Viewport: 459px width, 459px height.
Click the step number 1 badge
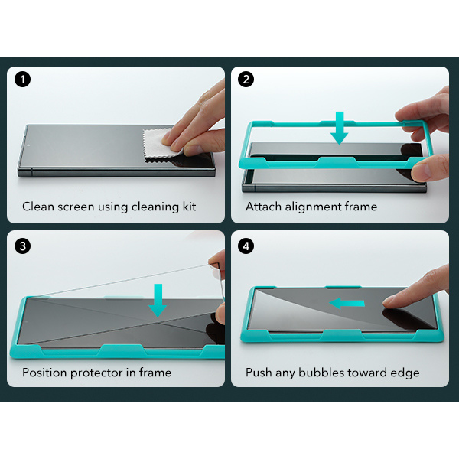click(x=22, y=79)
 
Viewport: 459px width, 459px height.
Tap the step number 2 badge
click(x=246, y=79)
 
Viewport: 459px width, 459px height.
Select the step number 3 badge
click(x=22, y=246)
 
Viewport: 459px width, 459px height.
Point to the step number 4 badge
click(x=246, y=246)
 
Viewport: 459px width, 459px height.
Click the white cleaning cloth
click(x=161, y=145)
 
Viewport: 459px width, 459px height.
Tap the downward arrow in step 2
click(x=339, y=128)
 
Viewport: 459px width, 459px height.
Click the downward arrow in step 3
click(x=158, y=301)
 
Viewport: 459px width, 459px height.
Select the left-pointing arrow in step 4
click(x=347, y=304)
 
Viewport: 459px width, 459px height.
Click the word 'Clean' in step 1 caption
click(x=38, y=207)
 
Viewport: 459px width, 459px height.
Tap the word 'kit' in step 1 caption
click(x=190, y=207)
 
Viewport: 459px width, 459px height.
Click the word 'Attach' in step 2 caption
click(x=263, y=207)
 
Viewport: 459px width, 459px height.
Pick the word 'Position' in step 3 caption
click(x=44, y=373)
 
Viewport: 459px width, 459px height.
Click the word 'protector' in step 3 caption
click(x=96, y=373)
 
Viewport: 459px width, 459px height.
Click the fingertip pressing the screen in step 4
click(x=389, y=301)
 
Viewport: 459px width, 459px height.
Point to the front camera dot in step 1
click(x=29, y=145)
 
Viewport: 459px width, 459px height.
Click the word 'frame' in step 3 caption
click(x=155, y=373)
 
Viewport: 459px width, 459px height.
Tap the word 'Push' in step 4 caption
click(x=259, y=373)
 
